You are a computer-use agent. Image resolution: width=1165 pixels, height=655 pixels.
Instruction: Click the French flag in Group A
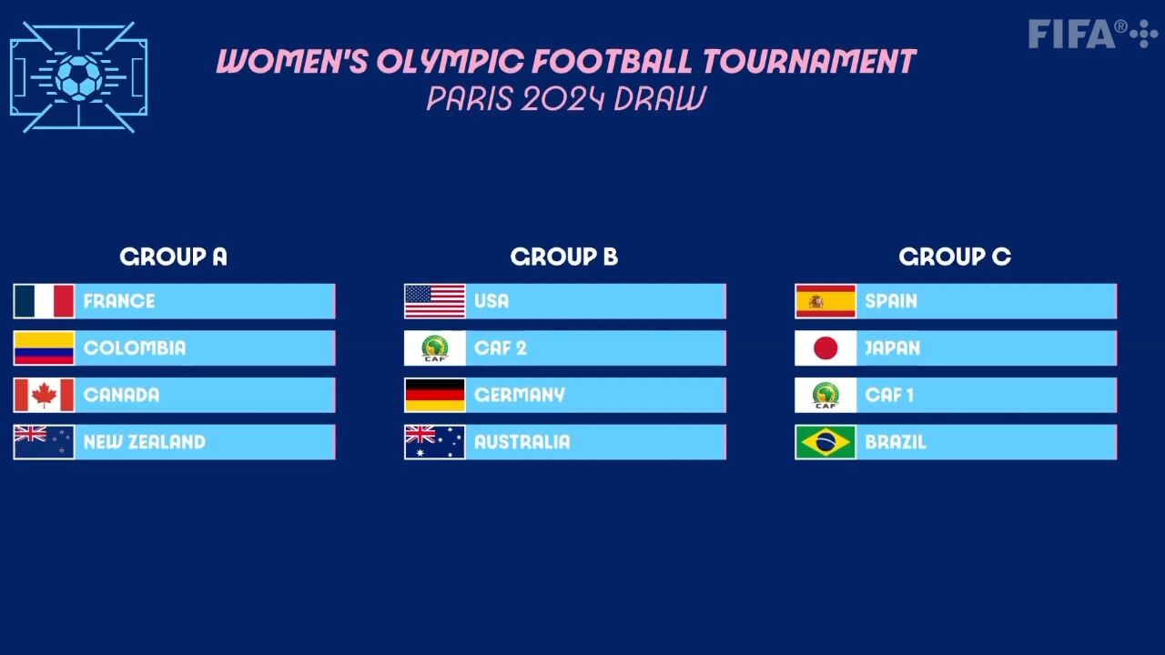pyautogui.click(x=44, y=301)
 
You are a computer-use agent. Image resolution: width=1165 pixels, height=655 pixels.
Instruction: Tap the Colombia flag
pyautogui.click(x=44, y=348)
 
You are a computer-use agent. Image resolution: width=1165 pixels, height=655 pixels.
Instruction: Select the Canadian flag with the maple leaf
pyautogui.click(x=44, y=395)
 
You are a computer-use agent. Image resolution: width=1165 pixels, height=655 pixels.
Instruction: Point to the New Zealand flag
pyautogui.click(x=44, y=442)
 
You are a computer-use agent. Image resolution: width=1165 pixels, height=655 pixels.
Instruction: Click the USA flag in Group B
pyautogui.click(x=434, y=301)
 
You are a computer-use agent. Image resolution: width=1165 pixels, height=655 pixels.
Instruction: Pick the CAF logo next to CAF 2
pyautogui.click(x=434, y=348)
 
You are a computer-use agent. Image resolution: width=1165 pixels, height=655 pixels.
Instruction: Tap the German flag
pyautogui.click(x=434, y=395)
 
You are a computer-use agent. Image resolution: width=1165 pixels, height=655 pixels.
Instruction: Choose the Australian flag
pyautogui.click(x=434, y=442)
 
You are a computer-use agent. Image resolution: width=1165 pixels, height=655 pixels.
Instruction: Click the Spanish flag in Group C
pyautogui.click(x=826, y=301)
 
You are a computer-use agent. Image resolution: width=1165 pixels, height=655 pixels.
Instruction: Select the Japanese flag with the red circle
pyautogui.click(x=826, y=348)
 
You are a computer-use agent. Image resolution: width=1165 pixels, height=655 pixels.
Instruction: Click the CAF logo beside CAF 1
pyautogui.click(x=826, y=395)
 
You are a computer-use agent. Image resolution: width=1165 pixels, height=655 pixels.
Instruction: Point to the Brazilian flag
pyautogui.click(x=826, y=442)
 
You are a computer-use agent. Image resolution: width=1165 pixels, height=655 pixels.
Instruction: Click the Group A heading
pyautogui.click(x=173, y=257)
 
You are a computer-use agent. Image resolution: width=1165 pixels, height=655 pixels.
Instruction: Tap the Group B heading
pyautogui.click(x=564, y=257)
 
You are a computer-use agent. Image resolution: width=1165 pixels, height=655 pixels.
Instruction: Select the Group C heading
pyautogui.click(x=955, y=257)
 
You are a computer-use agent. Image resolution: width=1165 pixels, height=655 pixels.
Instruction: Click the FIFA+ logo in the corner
pyautogui.click(x=1092, y=34)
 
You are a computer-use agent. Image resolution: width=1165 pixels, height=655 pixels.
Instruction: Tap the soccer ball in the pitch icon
pyautogui.click(x=78, y=76)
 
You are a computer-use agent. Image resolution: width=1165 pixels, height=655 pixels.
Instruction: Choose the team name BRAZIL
pyautogui.click(x=895, y=442)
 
